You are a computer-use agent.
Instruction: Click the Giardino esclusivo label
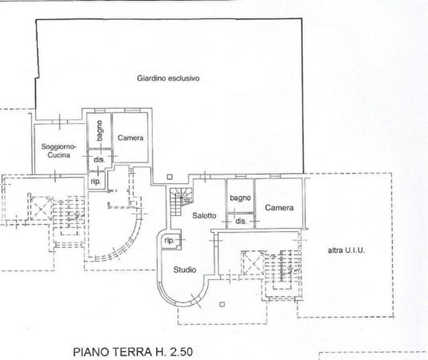[167, 78]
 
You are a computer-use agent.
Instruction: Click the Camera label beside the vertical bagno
[130, 138]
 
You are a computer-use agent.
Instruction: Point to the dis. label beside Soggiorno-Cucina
[99, 160]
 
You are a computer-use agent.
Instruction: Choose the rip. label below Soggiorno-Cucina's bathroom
[95, 181]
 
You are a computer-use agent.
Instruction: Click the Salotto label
[204, 215]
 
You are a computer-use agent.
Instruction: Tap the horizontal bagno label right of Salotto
[240, 198]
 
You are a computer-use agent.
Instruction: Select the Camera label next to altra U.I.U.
[280, 208]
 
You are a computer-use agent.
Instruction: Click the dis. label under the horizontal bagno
[241, 221]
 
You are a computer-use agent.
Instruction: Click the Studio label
[185, 269]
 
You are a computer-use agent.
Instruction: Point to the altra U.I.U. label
[346, 251]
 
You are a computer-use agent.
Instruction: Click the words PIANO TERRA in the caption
[110, 352]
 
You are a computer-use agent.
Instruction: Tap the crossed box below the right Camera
[252, 260]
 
